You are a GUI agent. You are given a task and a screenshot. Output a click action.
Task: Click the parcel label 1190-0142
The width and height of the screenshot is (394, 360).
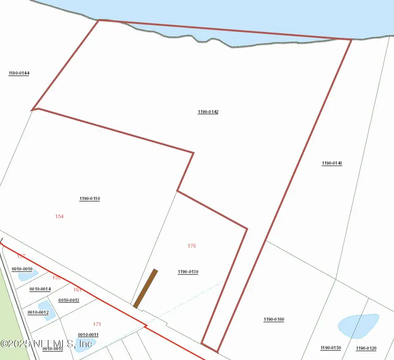208,112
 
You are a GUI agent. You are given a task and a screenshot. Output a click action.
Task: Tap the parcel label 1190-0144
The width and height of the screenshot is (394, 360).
19,74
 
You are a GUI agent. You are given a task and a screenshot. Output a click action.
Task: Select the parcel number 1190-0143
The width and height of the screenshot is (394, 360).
332,163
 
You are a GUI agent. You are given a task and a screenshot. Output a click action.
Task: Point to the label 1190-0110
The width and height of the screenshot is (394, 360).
90,199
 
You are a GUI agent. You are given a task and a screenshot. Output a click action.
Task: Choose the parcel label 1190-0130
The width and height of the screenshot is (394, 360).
188,272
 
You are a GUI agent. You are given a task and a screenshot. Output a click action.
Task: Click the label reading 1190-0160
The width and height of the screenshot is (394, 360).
274,320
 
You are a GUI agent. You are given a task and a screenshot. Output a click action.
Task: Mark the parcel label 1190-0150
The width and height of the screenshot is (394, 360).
331,348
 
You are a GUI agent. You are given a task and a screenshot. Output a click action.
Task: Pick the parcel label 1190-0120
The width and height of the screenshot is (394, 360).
366,348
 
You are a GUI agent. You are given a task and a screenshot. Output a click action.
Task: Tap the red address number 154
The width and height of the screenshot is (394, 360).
60,216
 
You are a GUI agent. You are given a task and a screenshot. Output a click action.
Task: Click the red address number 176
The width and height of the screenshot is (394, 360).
192,246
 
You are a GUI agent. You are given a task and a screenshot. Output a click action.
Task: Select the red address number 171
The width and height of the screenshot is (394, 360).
97,324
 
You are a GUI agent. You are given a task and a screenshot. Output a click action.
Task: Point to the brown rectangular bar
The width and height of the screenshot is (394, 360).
145,289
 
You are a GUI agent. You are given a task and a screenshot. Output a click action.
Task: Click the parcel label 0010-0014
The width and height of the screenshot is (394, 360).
40,289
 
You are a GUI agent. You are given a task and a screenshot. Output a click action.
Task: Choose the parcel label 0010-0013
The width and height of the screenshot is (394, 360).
69,300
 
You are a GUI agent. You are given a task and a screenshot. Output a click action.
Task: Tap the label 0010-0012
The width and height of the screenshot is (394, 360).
38,312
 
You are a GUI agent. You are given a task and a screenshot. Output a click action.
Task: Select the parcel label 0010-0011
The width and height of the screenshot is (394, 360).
88,335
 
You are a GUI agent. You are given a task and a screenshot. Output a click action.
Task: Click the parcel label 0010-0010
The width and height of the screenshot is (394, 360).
22,269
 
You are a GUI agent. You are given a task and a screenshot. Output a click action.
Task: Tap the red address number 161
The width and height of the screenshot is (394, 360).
77,289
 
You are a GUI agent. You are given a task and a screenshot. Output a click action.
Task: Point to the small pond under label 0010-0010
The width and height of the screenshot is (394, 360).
28,275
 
